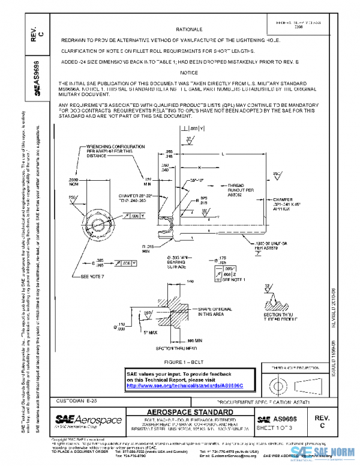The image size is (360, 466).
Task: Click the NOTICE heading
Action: [188, 72]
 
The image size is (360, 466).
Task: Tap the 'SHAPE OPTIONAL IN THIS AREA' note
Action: [214, 310]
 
